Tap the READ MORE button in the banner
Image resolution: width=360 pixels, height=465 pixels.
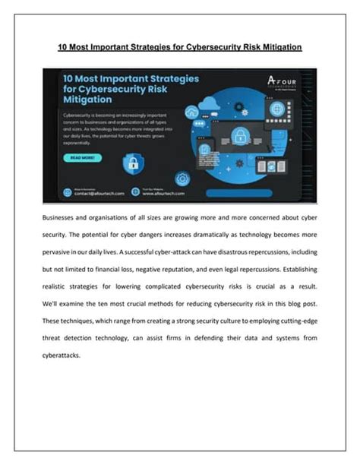(82, 158)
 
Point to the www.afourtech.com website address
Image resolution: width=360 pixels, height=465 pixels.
(162, 195)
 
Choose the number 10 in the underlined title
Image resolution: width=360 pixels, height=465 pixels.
(64, 47)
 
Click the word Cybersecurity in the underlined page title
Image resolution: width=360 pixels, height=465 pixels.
(207, 47)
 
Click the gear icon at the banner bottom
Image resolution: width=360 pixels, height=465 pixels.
(182, 179)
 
